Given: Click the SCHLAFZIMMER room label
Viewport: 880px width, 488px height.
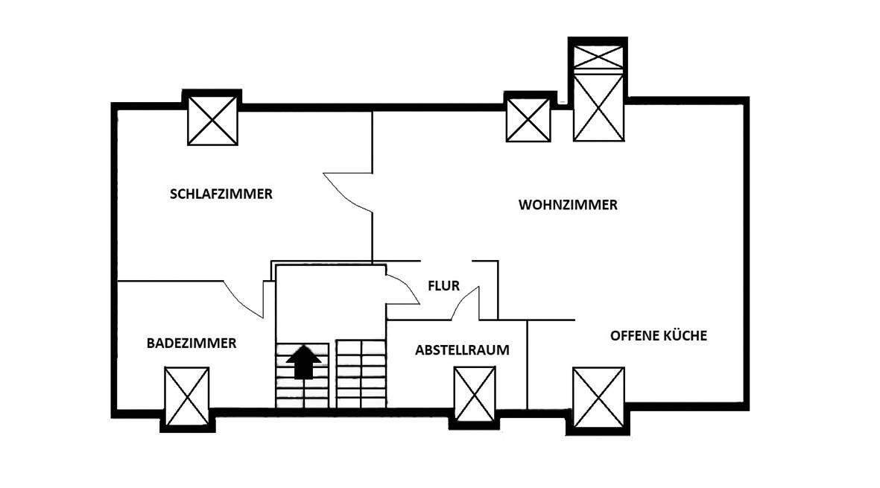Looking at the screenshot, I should [221, 194].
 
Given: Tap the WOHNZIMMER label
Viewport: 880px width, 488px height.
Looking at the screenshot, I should [568, 205].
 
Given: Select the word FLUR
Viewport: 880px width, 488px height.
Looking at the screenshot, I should [443, 285].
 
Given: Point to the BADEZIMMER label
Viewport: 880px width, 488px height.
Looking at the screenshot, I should [191, 343].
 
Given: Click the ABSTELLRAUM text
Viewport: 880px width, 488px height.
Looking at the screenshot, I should [463, 350].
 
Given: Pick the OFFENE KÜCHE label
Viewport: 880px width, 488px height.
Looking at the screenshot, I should [659, 335].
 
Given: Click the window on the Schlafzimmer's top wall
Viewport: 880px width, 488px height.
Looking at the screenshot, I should [212, 119].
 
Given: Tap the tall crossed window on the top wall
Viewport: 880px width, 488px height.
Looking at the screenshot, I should [598, 106].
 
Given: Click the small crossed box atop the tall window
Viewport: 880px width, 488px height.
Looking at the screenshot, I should [598, 56].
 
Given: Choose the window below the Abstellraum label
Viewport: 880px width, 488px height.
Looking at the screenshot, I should [475, 395].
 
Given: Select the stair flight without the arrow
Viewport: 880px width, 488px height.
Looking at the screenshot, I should [360, 374].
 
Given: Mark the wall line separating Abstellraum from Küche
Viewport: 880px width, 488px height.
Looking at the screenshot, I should [528, 364].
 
